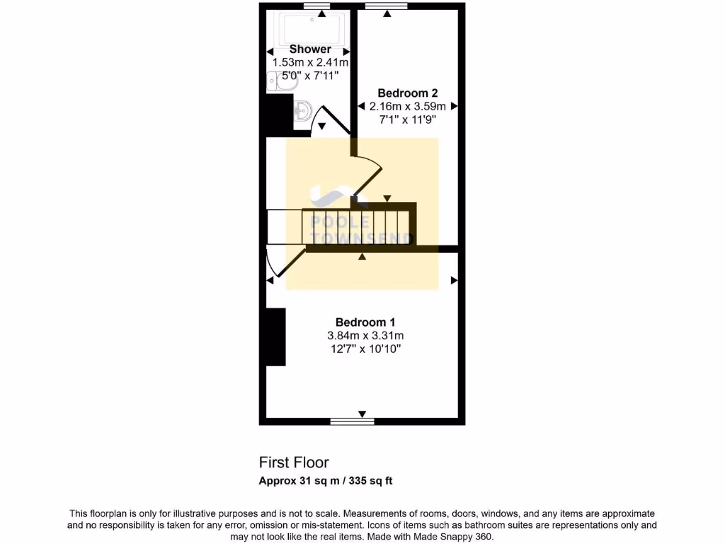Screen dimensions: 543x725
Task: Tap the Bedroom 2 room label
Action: click(x=407, y=93)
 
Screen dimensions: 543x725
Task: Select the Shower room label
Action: click(x=310, y=49)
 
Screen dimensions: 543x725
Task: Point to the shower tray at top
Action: click(x=312, y=28)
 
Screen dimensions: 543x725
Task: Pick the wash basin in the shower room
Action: click(x=302, y=110)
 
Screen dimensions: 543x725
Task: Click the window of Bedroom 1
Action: click(x=352, y=421)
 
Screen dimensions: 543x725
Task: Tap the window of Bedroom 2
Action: click(x=387, y=6)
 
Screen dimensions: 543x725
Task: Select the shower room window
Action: click(x=323, y=6)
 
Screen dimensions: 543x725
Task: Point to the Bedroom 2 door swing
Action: click(x=368, y=173)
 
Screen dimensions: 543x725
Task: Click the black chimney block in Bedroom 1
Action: click(x=275, y=337)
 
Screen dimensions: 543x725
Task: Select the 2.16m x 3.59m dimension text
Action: click(x=407, y=106)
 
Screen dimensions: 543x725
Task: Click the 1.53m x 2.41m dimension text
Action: click(x=310, y=63)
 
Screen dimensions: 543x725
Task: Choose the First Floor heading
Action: click(x=294, y=462)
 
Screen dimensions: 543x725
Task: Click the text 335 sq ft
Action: click(x=368, y=481)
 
